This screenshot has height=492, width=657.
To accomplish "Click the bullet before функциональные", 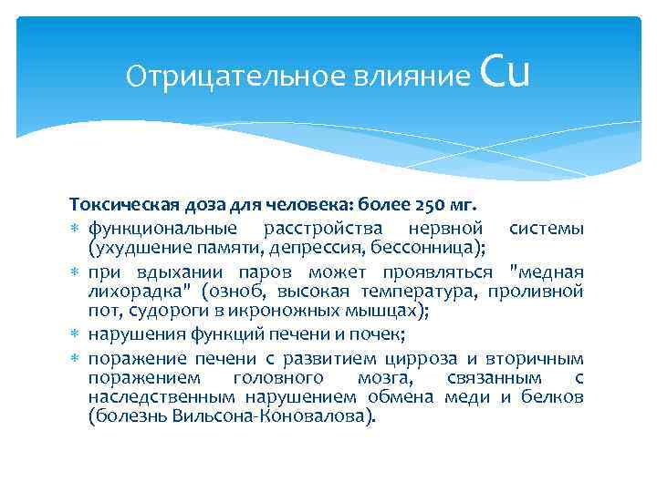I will coord(76,228).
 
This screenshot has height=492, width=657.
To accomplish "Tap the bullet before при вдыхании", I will coord(76,273).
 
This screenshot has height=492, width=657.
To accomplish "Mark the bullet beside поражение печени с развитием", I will coord(76,356).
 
